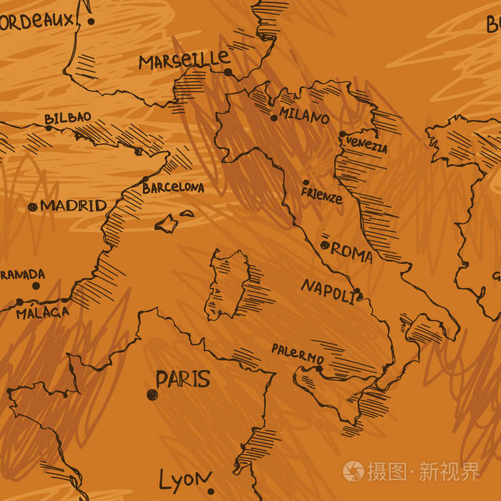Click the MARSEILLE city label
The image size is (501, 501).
[x=184, y=61]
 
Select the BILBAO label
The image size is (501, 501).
[x=67, y=118]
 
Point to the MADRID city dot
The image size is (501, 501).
[x=31, y=207]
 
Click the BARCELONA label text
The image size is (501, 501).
[x=172, y=188]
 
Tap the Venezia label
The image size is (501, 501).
[x=366, y=145]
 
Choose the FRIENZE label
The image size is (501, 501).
[x=321, y=195]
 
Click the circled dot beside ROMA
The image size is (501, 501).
[x=325, y=245]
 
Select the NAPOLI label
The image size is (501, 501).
[x=327, y=288]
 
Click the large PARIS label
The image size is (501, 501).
[x=183, y=379]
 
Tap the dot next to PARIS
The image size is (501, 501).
[x=152, y=394]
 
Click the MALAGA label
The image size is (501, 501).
[x=43, y=313]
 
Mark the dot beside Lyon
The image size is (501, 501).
[x=210, y=492]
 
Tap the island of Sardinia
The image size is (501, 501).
[x=225, y=286]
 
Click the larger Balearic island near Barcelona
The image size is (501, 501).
[x=167, y=224]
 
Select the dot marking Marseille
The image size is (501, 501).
[x=228, y=72]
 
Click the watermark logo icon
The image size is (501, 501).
[x=353, y=471]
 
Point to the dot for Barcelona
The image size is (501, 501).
[x=145, y=180]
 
